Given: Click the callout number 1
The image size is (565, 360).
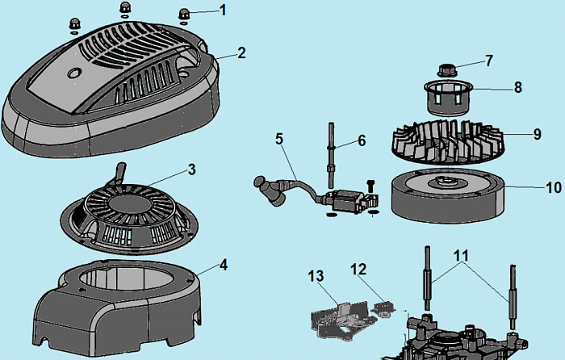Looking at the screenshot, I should (224, 10).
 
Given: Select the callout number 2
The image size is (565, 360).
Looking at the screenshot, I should (241, 52).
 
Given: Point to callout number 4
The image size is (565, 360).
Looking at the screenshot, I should (224, 264).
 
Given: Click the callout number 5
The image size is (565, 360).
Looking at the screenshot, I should (279, 138).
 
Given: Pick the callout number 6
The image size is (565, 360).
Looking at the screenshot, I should (362, 140).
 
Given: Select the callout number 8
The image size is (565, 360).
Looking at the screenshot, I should (517, 86).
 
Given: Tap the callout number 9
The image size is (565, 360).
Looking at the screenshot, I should (537, 134).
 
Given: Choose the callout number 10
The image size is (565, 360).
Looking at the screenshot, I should (553, 187).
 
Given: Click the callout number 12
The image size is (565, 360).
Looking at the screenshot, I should (358, 268).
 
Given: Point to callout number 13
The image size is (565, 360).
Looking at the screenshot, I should (315, 276).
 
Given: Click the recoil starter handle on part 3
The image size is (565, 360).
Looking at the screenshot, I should (121, 172).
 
